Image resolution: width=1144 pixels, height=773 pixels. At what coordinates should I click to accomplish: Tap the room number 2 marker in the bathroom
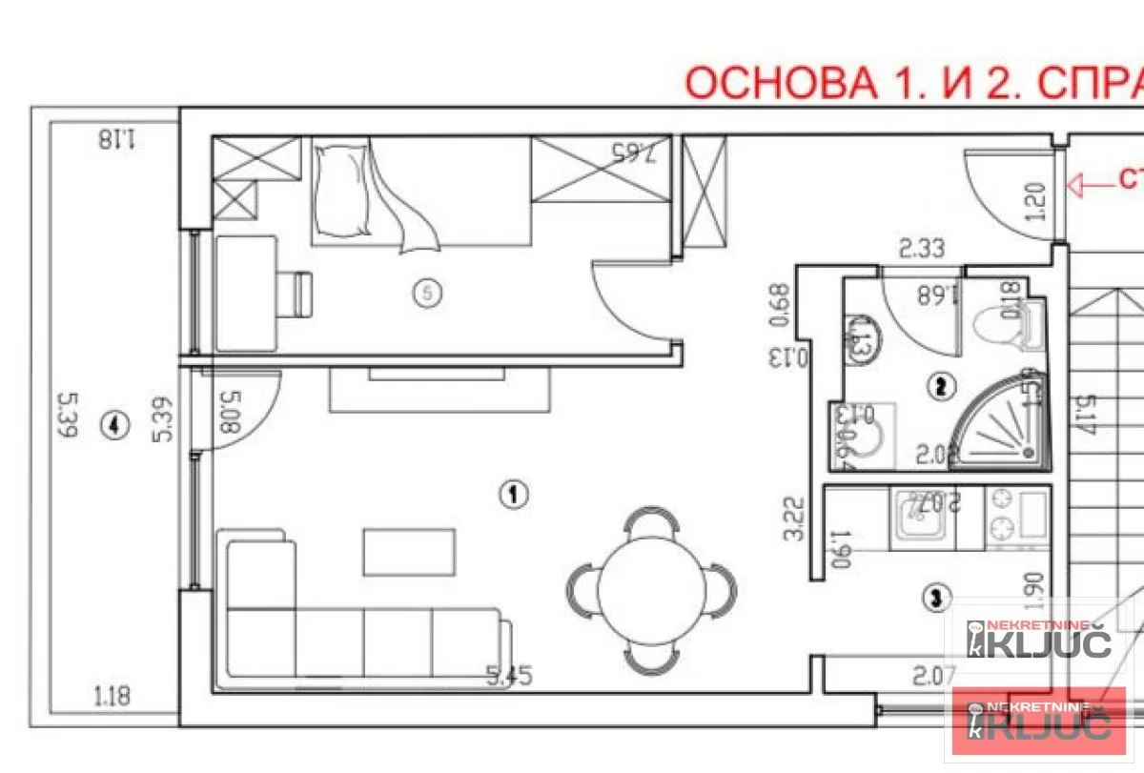point(941,386)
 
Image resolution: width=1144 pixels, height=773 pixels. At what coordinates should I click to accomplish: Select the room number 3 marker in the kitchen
point(937,598)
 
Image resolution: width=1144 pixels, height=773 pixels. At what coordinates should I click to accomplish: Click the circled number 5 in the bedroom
point(428,294)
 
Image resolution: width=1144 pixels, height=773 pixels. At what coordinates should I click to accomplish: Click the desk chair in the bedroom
point(298,294)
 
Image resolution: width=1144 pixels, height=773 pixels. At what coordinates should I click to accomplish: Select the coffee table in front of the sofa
point(398,552)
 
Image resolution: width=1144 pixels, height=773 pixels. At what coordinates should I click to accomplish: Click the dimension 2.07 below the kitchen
point(934,678)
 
